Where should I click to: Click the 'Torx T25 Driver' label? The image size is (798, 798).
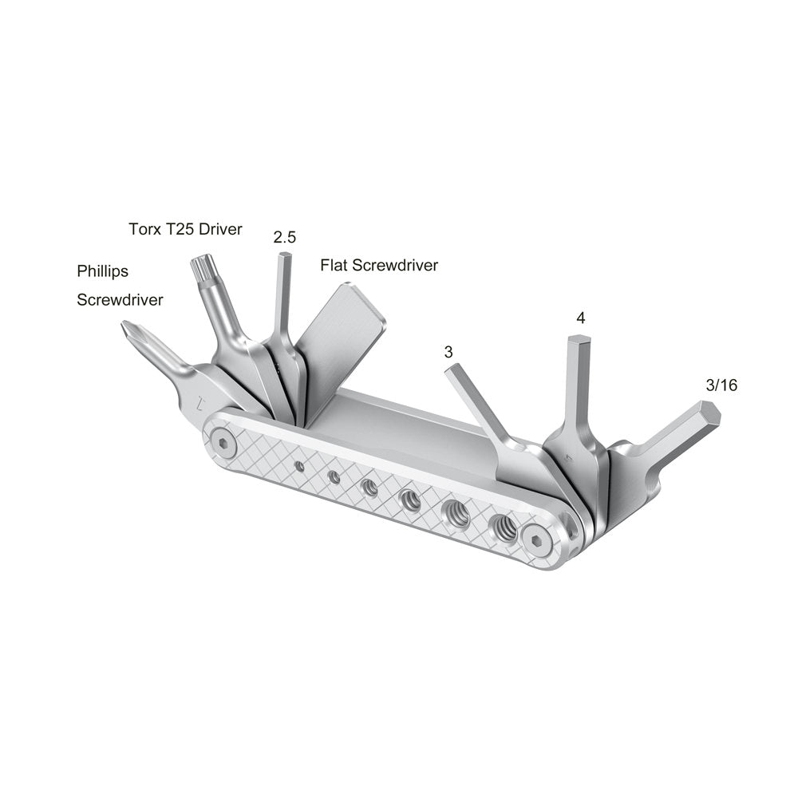[x=185, y=230]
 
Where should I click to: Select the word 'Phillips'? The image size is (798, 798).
[x=102, y=271]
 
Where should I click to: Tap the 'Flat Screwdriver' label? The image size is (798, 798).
[x=379, y=266]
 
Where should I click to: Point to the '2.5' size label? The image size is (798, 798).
[x=284, y=237]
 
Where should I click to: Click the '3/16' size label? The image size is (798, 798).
[x=721, y=385]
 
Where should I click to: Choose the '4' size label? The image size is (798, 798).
[x=580, y=318]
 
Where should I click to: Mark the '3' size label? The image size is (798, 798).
[x=448, y=351]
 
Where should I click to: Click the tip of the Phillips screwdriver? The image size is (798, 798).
[x=126, y=327]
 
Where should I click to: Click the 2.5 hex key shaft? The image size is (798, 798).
[x=282, y=295]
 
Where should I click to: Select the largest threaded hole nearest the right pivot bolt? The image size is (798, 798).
[x=503, y=527]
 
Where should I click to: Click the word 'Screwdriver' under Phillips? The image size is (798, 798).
[x=120, y=300]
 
